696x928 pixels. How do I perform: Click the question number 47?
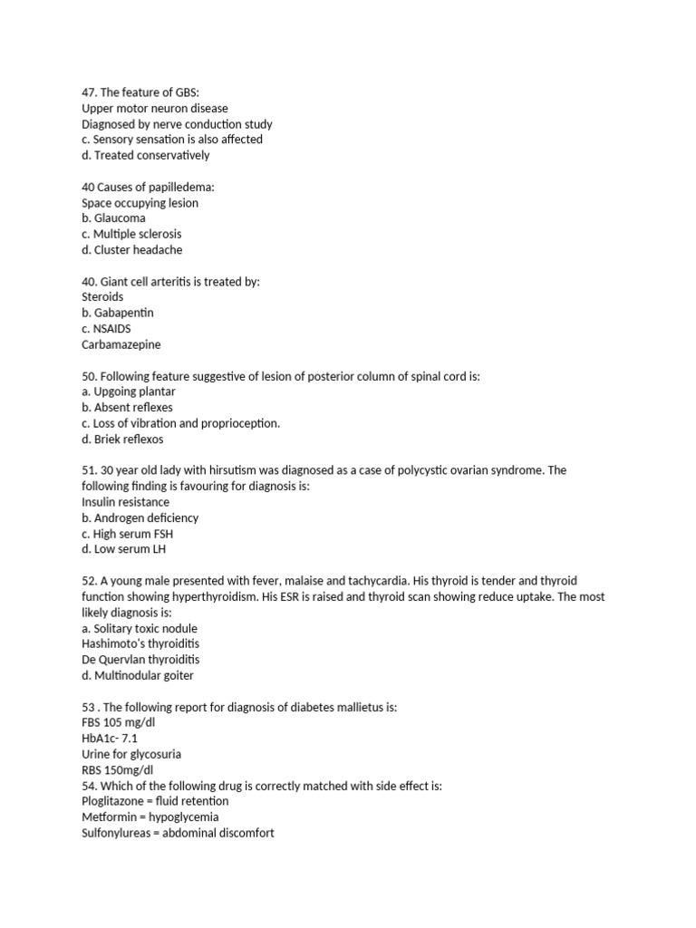coord(89,92)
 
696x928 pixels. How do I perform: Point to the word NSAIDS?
coord(112,329)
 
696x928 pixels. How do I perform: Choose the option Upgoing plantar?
coord(128,391)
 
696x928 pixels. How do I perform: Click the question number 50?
coord(89,376)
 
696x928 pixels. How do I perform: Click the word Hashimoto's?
coord(113,643)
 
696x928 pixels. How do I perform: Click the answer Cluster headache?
coord(131,250)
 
